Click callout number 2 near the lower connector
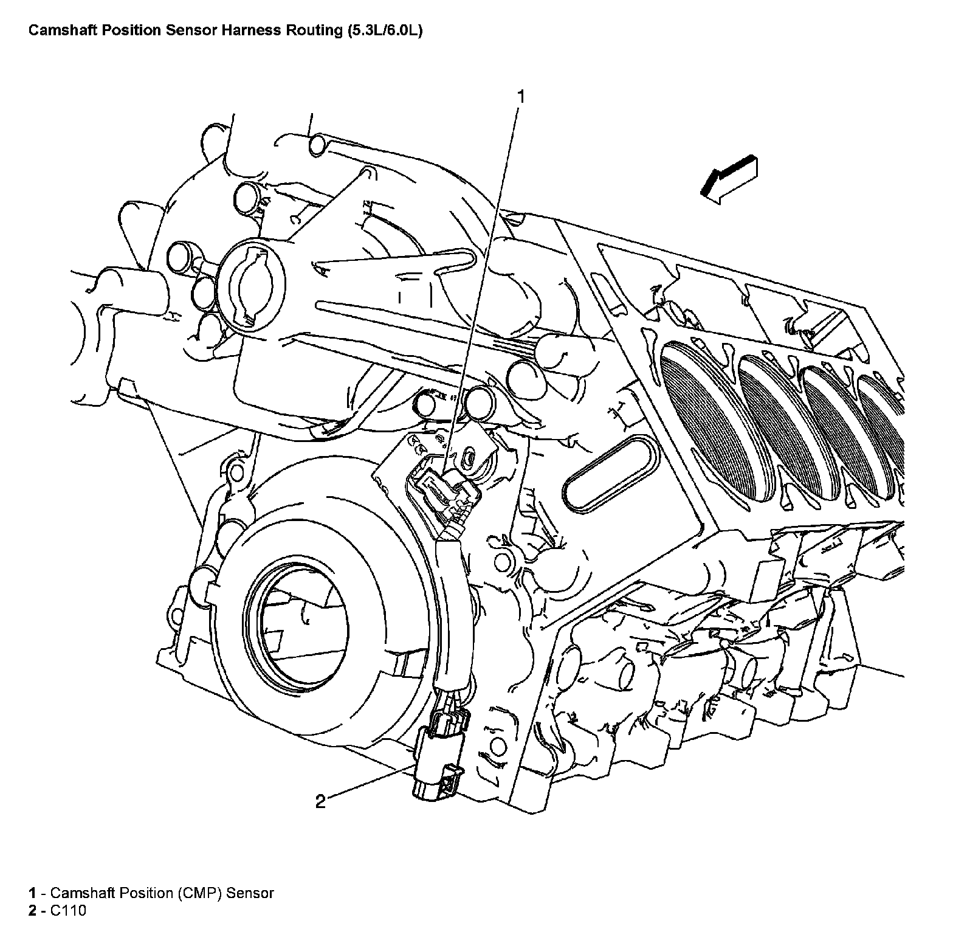320,801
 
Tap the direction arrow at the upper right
729,178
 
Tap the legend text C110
68,910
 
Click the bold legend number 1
32,893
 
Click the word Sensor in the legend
250,893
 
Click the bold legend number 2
32,910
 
